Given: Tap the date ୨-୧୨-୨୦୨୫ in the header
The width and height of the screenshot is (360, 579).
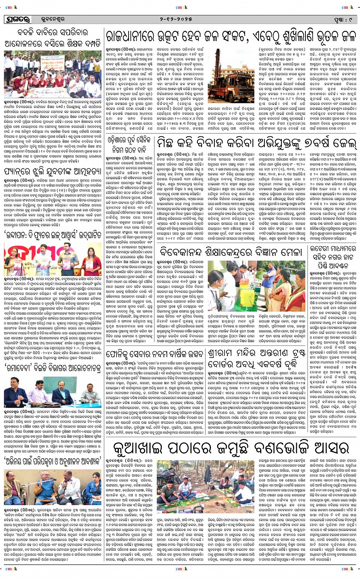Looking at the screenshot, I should pyautogui.click(x=181, y=19).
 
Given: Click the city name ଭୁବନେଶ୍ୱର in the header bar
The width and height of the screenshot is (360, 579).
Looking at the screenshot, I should pyautogui.click(x=53, y=19).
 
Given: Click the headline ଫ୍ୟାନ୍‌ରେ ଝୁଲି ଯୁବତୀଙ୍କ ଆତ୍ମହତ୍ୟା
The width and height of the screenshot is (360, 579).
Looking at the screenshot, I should pyautogui.click(x=53, y=171).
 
